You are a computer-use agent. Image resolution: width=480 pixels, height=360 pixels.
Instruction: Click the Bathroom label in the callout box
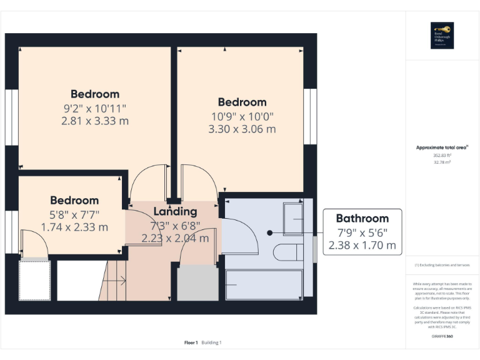(362, 218)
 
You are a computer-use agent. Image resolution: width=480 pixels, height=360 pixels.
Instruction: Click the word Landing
(175, 211)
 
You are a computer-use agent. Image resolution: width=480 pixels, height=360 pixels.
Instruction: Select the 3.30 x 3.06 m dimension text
(242, 129)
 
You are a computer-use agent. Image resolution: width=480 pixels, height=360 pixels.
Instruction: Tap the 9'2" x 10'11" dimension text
(95, 108)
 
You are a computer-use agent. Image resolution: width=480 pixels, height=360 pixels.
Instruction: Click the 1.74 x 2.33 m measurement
(74, 227)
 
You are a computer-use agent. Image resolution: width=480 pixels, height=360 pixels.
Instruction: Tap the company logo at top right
(442, 36)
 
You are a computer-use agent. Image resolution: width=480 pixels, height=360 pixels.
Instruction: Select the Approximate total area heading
(442, 147)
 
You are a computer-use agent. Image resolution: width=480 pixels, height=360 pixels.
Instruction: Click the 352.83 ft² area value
(442, 155)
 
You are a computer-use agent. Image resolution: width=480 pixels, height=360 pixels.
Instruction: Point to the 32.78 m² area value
(442, 162)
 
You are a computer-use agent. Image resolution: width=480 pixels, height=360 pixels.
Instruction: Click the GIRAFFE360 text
(442, 336)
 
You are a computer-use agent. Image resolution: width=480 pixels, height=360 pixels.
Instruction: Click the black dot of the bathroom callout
(269, 232)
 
